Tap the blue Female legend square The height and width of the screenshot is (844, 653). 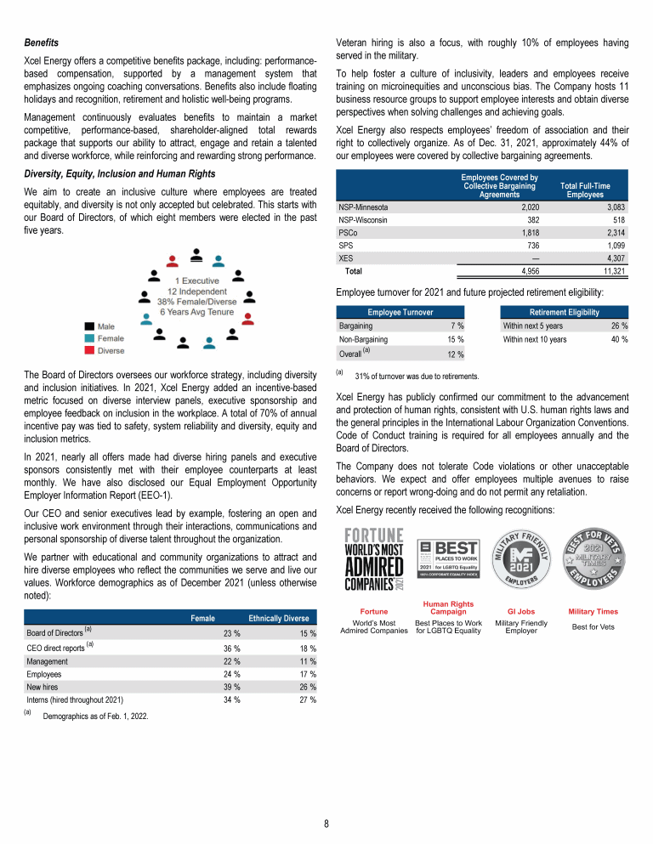click(x=89, y=338)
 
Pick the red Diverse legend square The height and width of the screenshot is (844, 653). click(x=89, y=350)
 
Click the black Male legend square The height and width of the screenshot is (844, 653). click(x=89, y=326)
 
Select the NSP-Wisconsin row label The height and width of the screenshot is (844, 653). click(x=364, y=219)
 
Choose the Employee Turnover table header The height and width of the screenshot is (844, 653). click(x=400, y=312)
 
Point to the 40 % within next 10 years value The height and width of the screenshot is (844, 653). click(x=619, y=339)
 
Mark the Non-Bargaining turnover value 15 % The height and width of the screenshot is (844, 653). click(x=455, y=339)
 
